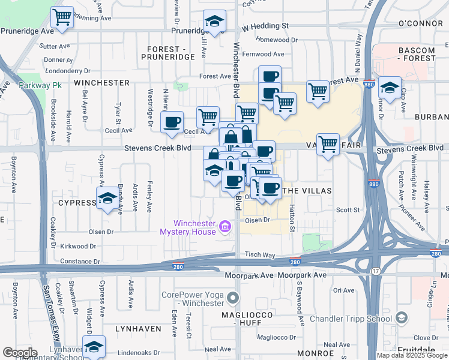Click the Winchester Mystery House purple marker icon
pyautogui.click(x=225, y=226)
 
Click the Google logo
pyautogui.click(x=19, y=353)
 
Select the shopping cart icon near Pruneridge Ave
pyautogui.click(x=62, y=17)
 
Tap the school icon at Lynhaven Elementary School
pyautogui.click(x=94, y=346)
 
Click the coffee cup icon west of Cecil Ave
pyautogui.click(x=172, y=122)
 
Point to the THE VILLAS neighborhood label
pyautogui.click(x=307, y=190)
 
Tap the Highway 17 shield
pyautogui.click(x=375, y=271)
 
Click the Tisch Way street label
pyautogui.click(x=259, y=255)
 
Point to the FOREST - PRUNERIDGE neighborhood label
pyautogui.click(x=167, y=53)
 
